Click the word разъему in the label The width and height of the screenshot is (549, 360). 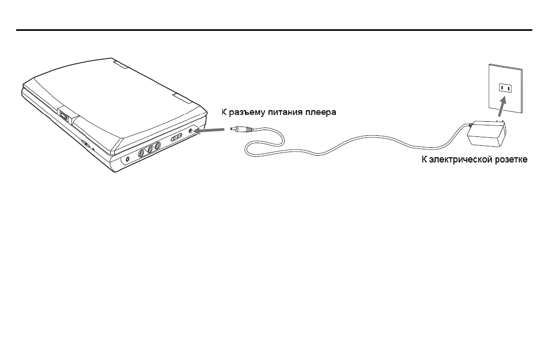(x=247, y=112)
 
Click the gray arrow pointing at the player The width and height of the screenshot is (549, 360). (x=209, y=130)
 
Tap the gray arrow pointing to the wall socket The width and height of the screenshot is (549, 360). (x=502, y=107)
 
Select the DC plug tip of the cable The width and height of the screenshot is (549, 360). (x=241, y=129)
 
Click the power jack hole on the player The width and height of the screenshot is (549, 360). (x=191, y=131)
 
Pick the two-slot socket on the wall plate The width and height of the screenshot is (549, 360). (x=505, y=88)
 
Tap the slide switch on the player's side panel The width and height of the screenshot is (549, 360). (x=177, y=137)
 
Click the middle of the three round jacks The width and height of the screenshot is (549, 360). (x=149, y=150)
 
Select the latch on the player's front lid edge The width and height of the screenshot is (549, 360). (x=64, y=115)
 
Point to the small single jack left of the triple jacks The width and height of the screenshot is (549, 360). (x=127, y=160)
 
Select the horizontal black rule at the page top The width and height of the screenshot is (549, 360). (x=274, y=30)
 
